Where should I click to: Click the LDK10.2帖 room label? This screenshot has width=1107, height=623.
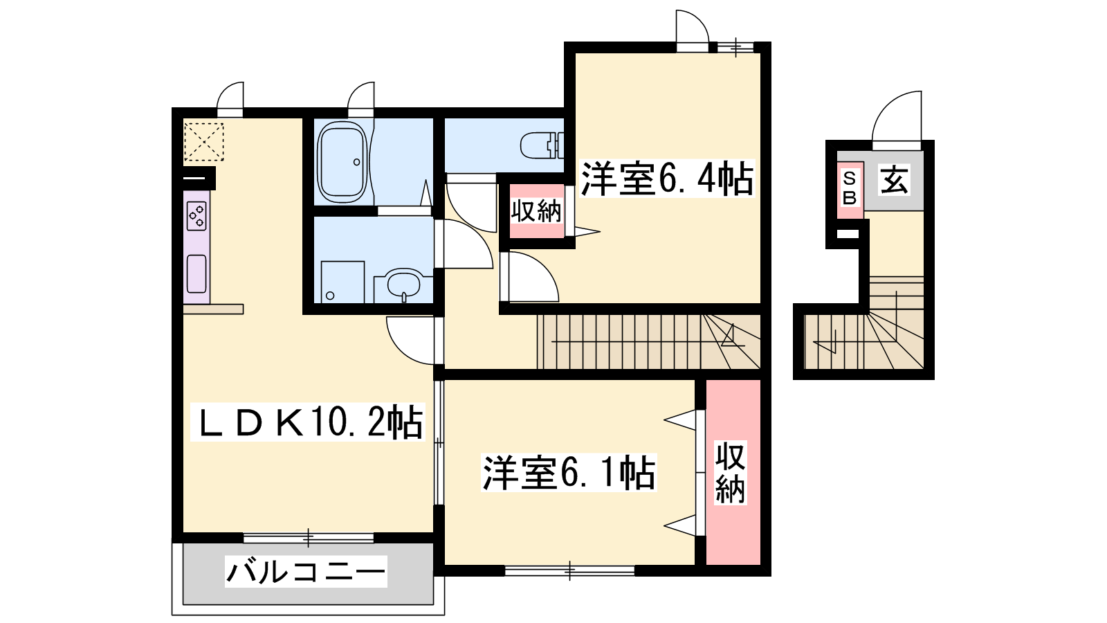(307, 422)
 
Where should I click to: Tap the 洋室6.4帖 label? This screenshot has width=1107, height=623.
(667, 179)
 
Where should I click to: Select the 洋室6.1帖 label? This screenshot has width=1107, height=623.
(569, 472)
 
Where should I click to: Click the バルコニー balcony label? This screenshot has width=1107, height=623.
(306, 572)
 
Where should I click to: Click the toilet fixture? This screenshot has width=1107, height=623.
(542, 145)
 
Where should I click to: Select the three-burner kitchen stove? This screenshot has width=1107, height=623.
(196, 216)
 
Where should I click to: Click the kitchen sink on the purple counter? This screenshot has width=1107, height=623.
(196, 274)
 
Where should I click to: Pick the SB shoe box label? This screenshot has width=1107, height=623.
(850, 188)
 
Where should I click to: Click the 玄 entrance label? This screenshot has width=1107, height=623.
(894, 181)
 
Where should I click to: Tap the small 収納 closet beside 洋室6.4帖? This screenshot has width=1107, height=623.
(537, 211)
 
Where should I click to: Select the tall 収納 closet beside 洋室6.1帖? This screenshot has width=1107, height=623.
(733, 472)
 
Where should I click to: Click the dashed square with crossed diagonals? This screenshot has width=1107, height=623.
(203, 142)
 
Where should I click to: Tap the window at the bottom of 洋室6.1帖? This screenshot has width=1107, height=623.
(570, 570)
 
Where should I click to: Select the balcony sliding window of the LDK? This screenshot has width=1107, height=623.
(309, 538)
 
